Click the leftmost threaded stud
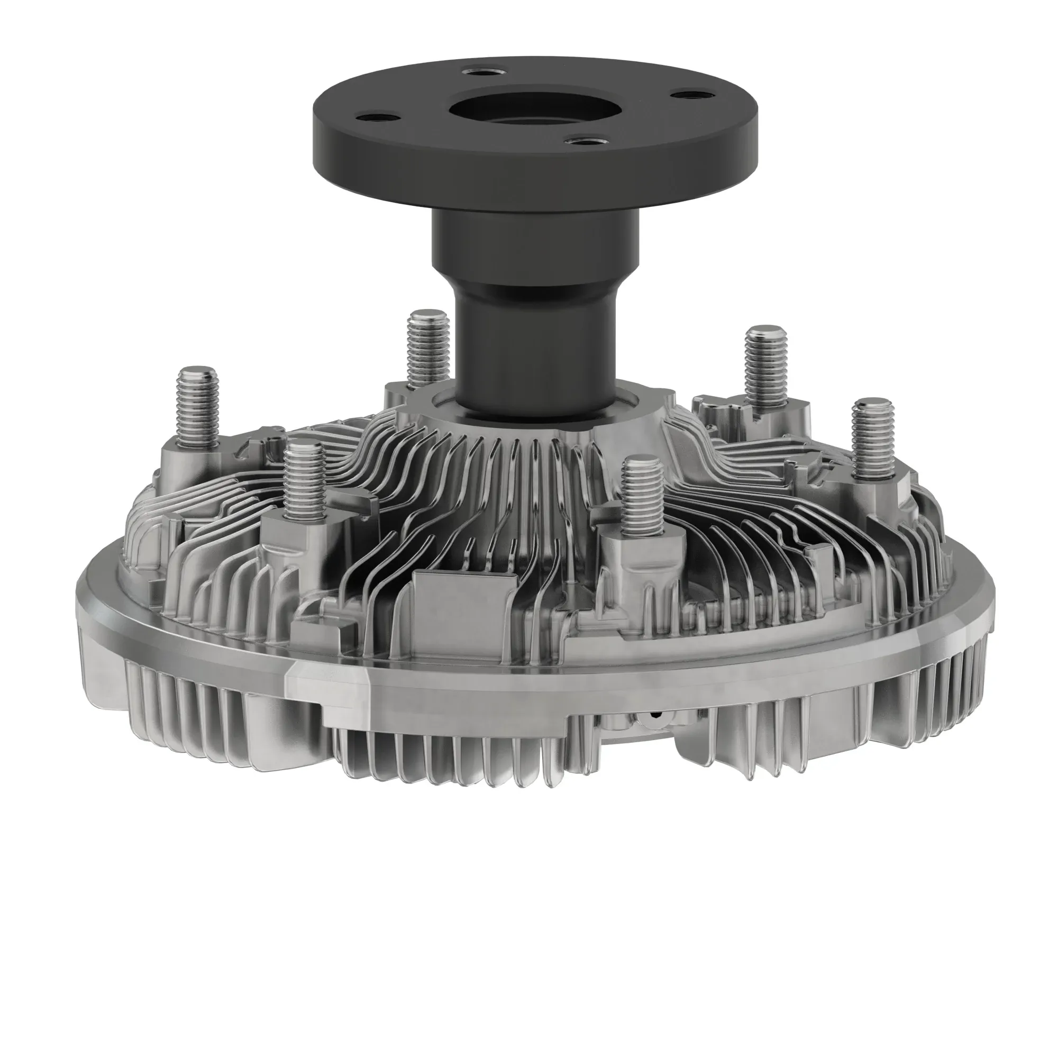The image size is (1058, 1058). click(198, 403)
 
